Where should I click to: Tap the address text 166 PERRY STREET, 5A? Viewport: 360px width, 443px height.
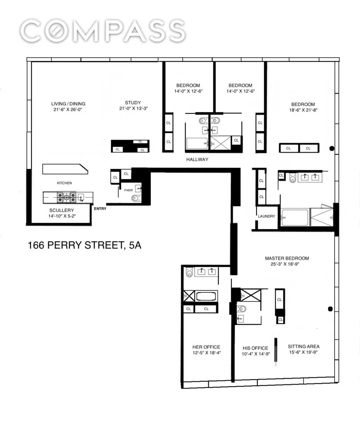85,246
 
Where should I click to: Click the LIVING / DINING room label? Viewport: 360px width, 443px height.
68,103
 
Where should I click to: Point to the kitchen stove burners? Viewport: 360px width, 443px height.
66,196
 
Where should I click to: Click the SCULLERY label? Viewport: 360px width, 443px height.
62,210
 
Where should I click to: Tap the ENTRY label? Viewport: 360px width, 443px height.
100,208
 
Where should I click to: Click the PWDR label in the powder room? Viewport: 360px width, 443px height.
128,190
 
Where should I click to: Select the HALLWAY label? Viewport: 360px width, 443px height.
197,159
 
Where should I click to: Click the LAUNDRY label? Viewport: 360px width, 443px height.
266,216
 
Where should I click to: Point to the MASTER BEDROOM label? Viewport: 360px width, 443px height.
287,258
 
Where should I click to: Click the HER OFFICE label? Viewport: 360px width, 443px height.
206,347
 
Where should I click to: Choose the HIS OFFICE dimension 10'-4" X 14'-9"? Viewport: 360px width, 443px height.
255,354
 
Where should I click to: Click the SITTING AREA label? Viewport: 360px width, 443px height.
304,346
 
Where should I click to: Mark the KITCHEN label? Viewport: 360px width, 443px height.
64,183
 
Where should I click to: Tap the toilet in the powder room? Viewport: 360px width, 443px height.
135,198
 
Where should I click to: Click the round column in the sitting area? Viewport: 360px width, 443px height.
331,309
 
